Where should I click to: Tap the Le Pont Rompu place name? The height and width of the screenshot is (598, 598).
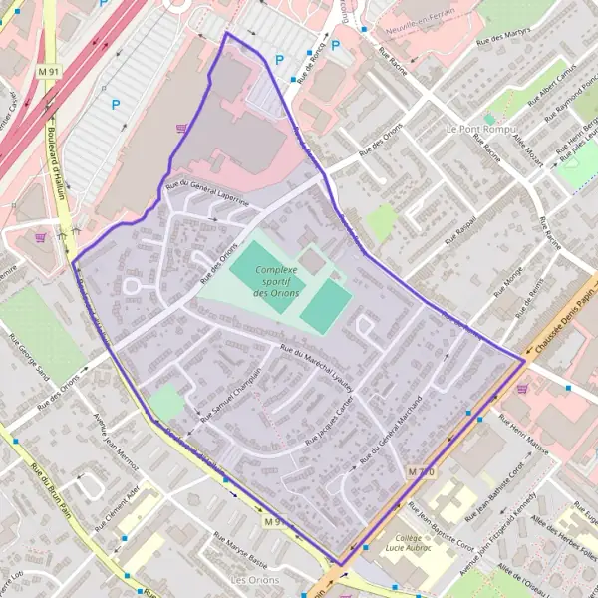(x=479, y=129)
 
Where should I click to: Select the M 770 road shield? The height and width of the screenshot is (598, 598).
(x=421, y=469)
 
